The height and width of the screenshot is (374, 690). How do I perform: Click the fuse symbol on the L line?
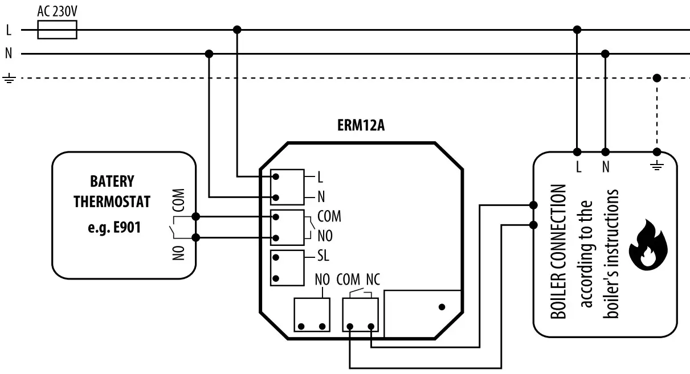pyautogui.click(x=57, y=30)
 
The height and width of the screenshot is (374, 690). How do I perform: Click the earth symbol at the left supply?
pyautogui.click(x=9, y=78)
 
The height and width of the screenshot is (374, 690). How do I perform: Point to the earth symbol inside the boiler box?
pyautogui.click(x=657, y=167)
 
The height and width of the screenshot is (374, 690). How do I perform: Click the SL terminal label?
pyautogui.click(x=322, y=256)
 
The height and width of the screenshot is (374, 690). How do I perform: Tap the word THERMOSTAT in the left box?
pyautogui.click(x=112, y=202)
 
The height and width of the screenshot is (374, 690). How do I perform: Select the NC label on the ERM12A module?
pyautogui.click(x=374, y=281)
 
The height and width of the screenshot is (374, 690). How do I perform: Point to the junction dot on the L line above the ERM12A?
pyautogui.click(x=238, y=29)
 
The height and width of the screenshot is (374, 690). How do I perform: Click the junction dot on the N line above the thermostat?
pyautogui.click(x=209, y=54)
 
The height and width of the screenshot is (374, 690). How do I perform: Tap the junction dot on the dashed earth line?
pyautogui.click(x=657, y=78)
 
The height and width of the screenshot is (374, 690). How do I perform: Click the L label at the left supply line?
pyautogui.click(x=9, y=30)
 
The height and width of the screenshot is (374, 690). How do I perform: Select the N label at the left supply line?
pyautogui.click(x=9, y=54)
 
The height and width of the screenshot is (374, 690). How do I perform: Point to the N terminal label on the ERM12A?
pyautogui.click(x=321, y=198)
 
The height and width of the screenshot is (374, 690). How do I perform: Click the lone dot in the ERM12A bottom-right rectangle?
pyautogui.click(x=442, y=307)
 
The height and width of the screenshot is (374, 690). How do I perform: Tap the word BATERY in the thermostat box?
pyautogui.click(x=112, y=182)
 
